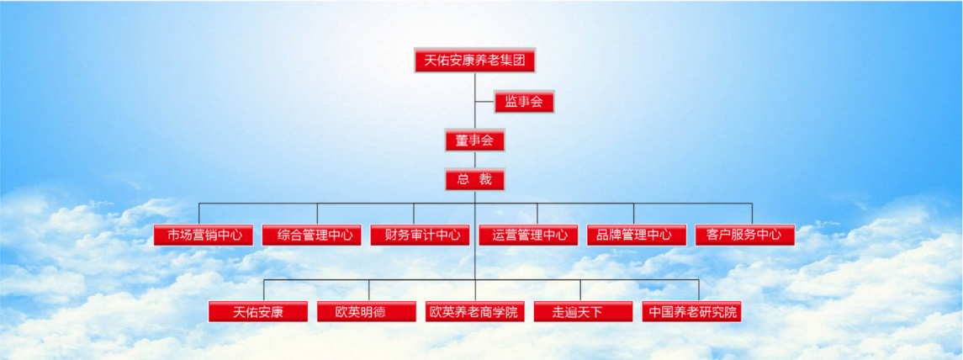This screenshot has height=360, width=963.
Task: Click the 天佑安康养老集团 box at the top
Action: click(x=474, y=61)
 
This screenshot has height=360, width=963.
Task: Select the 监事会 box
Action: click(x=524, y=102)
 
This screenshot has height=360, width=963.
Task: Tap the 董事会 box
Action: click(x=474, y=140)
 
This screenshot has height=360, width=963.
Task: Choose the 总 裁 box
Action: click(x=474, y=179)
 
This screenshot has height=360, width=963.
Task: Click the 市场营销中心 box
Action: click(x=204, y=235)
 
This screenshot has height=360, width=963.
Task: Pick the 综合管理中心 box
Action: click(x=311, y=235)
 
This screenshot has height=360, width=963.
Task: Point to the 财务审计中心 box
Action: click(x=420, y=235)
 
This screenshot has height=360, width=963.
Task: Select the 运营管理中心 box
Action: click(x=528, y=235)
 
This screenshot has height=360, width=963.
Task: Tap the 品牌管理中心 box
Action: click(x=637, y=235)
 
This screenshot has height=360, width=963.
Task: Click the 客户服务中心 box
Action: click(x=745, y=235)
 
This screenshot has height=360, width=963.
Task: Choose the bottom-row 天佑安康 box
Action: click(x=258, y=311)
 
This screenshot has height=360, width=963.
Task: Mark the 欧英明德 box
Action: click(x=366, y=311)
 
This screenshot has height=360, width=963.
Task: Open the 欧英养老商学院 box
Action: click(x=474, y=311)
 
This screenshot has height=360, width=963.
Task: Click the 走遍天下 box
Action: click(x=583, y=311)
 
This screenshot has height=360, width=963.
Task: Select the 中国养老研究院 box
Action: click(x=691, y=311)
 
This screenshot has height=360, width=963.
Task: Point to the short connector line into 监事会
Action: click(x=484, y=102)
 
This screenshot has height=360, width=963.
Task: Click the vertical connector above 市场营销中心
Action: click(x=199, y=214)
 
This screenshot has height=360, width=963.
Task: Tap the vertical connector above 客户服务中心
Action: click(x=753, y=214)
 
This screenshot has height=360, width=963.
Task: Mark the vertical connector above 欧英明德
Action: click(x=369, y=290)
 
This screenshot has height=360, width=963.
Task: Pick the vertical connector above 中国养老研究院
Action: click(x=699, y=290)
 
